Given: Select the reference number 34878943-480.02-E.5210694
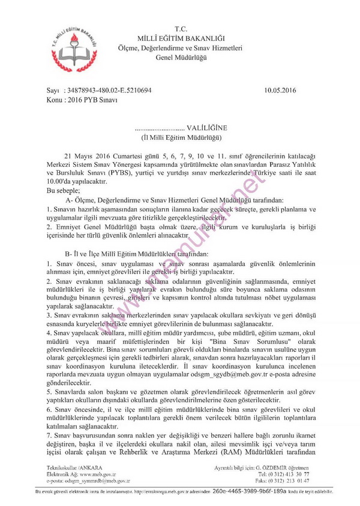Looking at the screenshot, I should point(110,90).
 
